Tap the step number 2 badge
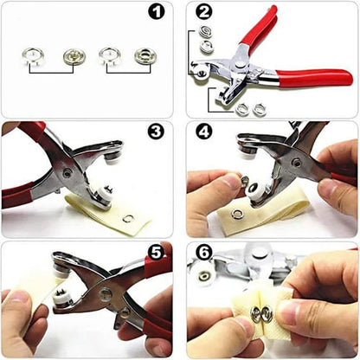[203, 13]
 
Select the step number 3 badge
[156, 132]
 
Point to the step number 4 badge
[203, 132]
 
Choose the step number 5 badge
[156, 253]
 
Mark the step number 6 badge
[203, 253]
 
